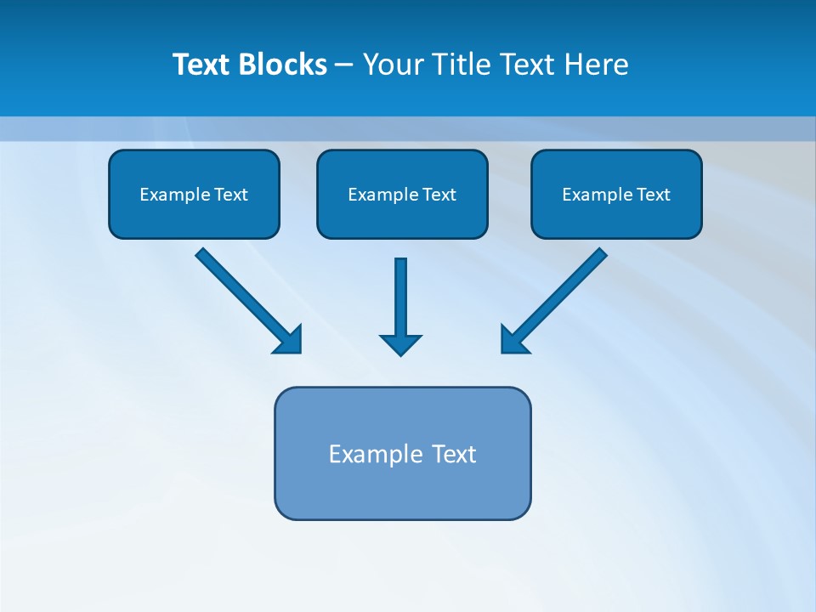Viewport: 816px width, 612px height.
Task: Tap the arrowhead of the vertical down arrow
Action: coord(400,344)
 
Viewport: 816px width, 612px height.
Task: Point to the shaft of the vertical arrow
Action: coord(400,293)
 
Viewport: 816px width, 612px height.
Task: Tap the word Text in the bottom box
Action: coord(454,454)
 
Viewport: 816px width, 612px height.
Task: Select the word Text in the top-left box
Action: coord(230,195)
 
